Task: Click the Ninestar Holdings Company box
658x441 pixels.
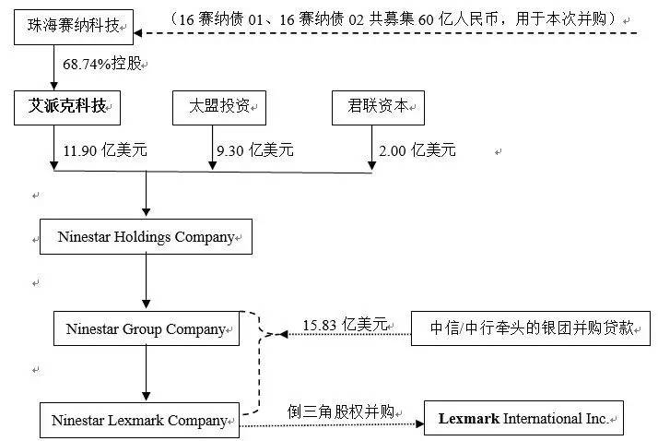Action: (x=146, y=237)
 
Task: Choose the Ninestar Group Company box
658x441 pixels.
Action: (x=146, y=328)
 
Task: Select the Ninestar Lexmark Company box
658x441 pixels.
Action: (x=140, y=420)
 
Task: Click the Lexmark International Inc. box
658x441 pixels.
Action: (x=523, y=419)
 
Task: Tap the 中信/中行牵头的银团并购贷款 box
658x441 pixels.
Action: (x=532, y=328)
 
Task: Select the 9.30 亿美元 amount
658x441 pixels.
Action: (x=253, y=149)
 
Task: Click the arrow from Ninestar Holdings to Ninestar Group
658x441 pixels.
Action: (x=146, y=282)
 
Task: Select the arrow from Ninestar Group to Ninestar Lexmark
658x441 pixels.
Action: (x=146, y=374)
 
